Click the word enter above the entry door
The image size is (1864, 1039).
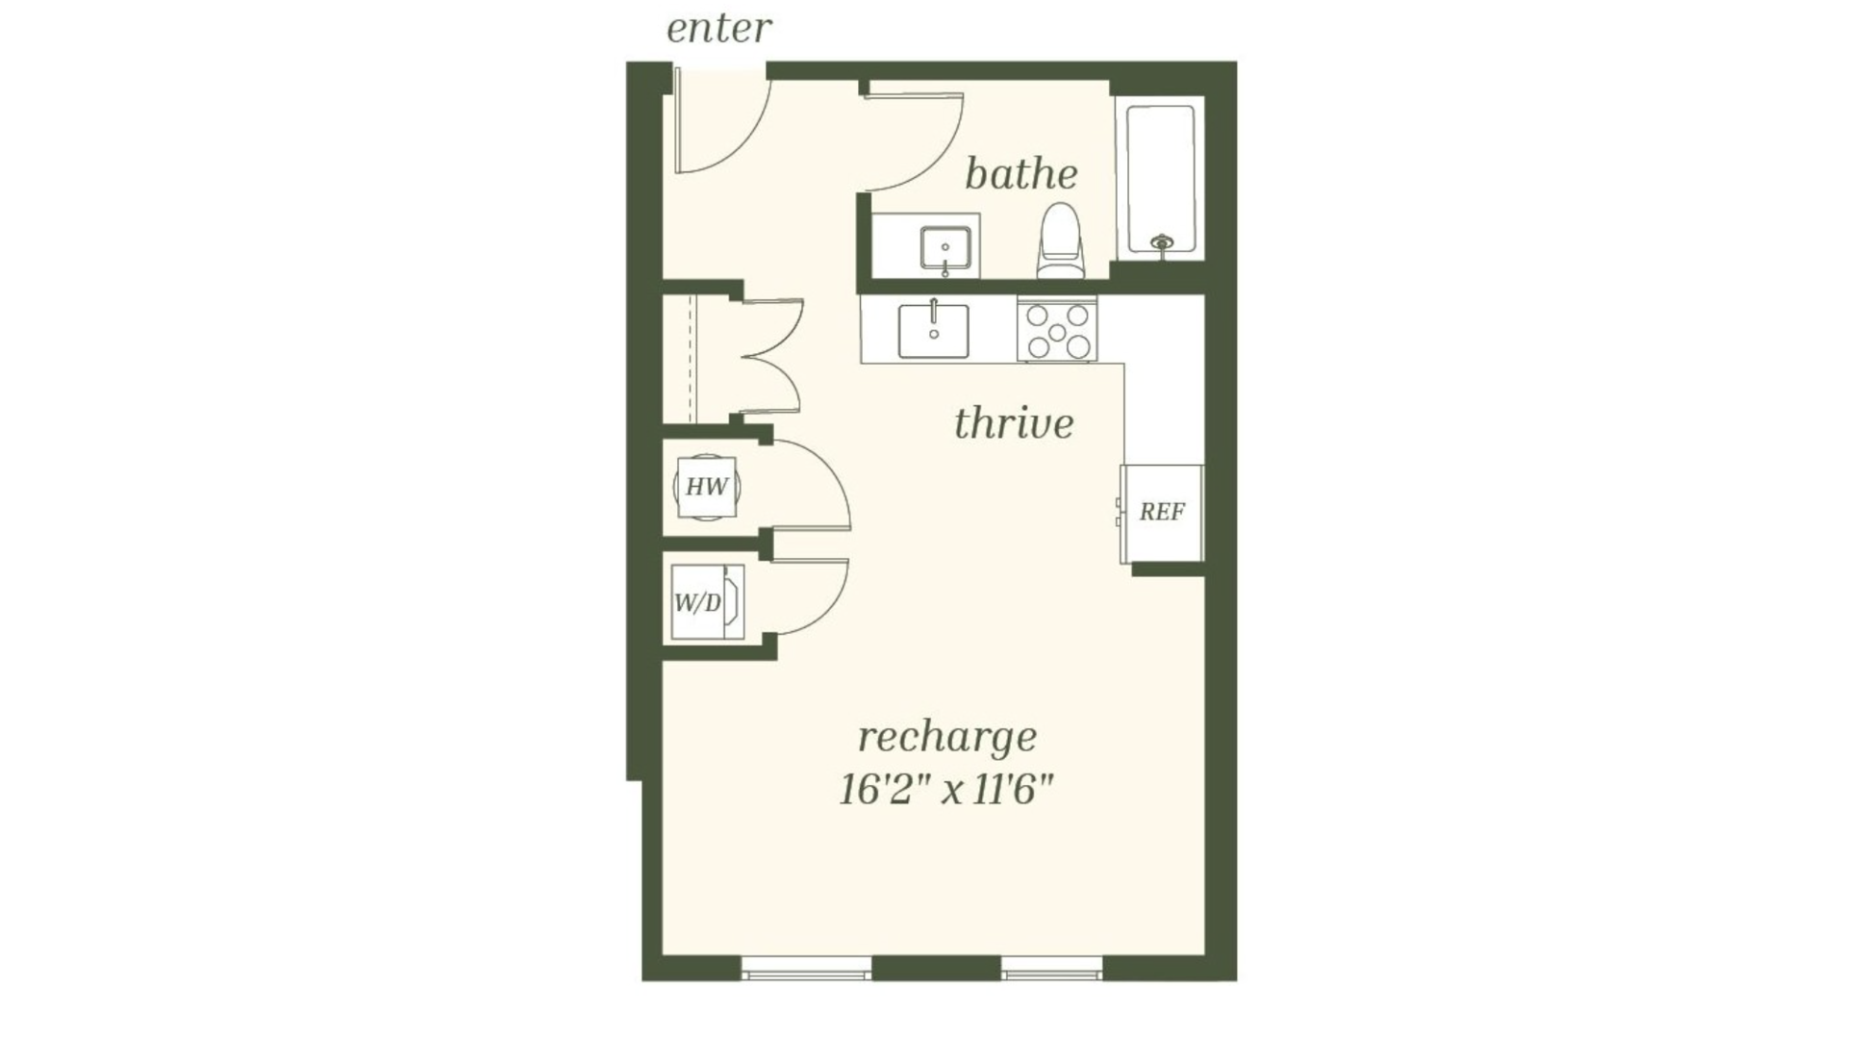tap(718, 28)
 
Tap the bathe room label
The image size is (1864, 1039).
tap(1020, 174)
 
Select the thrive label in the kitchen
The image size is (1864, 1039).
tap(1014, 423)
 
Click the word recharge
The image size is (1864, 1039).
tap(947, 739)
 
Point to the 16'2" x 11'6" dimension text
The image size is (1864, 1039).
tap(946, 791)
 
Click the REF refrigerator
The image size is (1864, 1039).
tap(1162, 514)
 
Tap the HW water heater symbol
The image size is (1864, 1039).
tap(707, 487)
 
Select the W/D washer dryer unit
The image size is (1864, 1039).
tap(707, 602)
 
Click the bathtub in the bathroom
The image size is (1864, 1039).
tap(1161, 179)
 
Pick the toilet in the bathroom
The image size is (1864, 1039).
tap(1061, 241)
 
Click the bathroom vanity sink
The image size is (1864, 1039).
tap(945, 248)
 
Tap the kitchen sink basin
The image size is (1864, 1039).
tap(933, 331)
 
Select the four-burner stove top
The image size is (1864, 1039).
tap(1057, 331)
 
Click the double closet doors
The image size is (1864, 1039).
tap(773, 356)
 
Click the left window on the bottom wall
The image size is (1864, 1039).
tap(806, 969)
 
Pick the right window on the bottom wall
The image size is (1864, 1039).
tap(1051, 969)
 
